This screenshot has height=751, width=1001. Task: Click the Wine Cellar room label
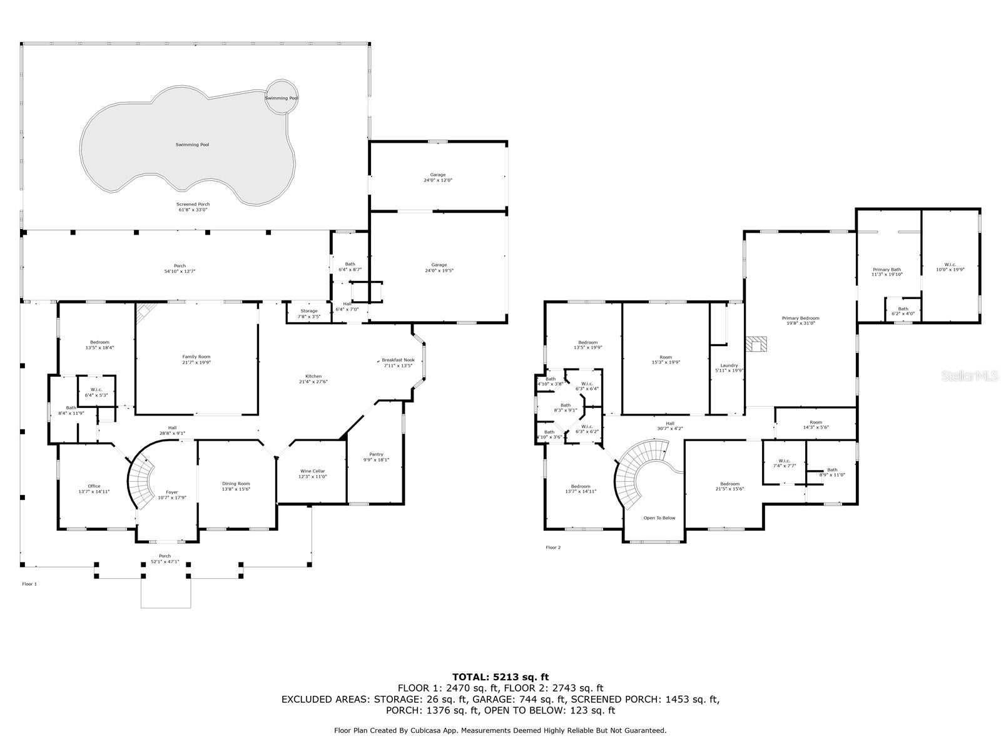coord(312,471)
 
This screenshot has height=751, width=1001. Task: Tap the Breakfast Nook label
coord(398,360)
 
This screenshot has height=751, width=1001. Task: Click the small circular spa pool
coord(281,98)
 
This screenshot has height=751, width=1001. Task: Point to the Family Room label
coord(196,357)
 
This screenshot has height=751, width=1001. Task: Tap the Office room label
coord(94,486)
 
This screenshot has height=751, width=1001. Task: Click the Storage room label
coord(308,311)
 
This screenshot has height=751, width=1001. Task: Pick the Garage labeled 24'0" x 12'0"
coord(437,177)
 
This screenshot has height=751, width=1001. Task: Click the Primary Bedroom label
coord(800,318)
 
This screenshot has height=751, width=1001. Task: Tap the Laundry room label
coord(729,365)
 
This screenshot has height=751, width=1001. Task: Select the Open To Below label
coord(659,518)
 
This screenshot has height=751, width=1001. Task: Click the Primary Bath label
coord(886,270)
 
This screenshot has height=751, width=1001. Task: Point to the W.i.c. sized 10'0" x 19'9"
coord(950,267)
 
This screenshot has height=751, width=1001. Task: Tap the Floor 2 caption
coord(553,548)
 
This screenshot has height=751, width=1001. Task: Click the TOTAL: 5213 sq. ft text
coord(500,677)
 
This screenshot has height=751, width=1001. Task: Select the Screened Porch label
coord(193,205)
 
